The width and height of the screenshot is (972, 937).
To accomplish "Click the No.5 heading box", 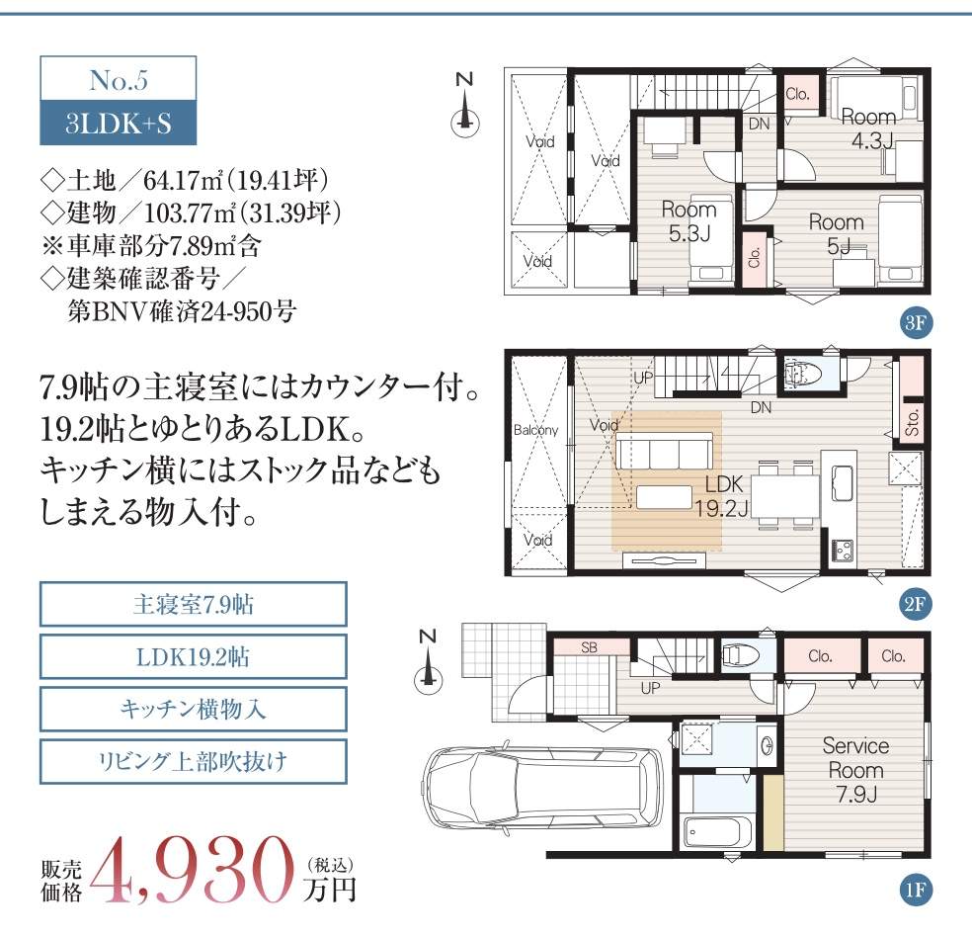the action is coord(119,79).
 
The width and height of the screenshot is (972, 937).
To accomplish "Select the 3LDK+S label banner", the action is coord(119,123).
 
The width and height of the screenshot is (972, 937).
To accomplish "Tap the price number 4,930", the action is coord(193,871).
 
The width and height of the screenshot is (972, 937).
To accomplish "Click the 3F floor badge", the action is coord(915,322).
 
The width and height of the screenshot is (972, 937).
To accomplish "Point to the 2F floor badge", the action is coord(915,603).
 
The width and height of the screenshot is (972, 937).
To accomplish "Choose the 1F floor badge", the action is coord(915,891).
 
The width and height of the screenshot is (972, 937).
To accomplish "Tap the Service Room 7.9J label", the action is coord(855,770).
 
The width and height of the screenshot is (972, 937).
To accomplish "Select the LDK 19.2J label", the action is coord(722,496).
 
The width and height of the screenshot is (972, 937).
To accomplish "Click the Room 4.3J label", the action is coord(869,128).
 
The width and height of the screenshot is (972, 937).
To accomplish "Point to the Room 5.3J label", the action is coord(689,221).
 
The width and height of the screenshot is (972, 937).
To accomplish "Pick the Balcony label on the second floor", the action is coord(535,430).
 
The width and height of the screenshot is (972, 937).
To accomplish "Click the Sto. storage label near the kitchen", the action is coord(912,422).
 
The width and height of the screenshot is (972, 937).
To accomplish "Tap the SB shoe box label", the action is coord(589,647).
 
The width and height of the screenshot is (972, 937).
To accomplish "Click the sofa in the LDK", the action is coord(663,451).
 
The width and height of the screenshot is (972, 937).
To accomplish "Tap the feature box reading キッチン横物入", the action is coord(193,708).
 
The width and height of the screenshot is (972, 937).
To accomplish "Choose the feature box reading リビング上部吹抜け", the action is coord(193,761).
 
